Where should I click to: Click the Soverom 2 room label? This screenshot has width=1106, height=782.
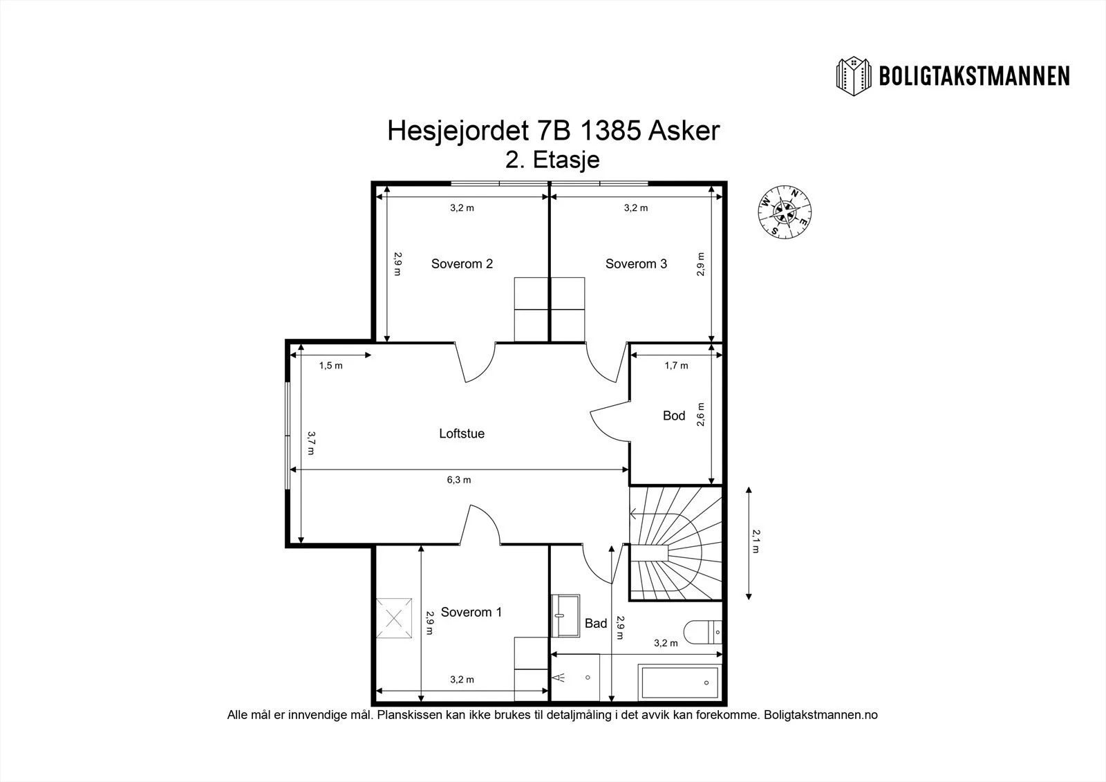click(x=462, y=264)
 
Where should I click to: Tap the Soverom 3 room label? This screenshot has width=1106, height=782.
click(x=636, y=264)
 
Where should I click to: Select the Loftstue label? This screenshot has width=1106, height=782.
click(x=462, y=434)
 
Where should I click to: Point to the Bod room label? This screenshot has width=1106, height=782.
click(x=673, y=416)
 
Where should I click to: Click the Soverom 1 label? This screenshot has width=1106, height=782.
click(x=471, y=612)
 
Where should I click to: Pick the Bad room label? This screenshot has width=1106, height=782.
click(x=595, y=624)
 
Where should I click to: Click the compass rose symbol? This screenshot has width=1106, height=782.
click(x=785, y=212)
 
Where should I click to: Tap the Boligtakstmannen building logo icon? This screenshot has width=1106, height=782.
click(x=853, y=77)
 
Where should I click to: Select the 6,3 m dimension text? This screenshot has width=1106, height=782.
click(x=459, y=480)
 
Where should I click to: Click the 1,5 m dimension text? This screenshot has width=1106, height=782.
click(x=330, y=366)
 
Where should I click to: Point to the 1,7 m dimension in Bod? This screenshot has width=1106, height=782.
click(x=676, y=366)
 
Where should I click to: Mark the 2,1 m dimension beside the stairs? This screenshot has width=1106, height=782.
click(x=756, y=541)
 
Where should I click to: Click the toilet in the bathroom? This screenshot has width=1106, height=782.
click(x=702, y=633)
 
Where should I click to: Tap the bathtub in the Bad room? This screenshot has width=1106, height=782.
click(x=680, y=682)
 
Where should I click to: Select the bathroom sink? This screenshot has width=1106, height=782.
click(x=565, y=615)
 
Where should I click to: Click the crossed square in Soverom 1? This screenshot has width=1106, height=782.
click(x=393, y=618)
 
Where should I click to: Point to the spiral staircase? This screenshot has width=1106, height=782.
click(x=675, y=543)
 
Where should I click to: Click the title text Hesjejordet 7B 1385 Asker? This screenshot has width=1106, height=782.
click(x=553, y=131)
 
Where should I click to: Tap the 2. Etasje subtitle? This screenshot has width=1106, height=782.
click(x=552, y=160)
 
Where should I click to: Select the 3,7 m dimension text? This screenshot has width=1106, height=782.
click(x=312, y=443)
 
